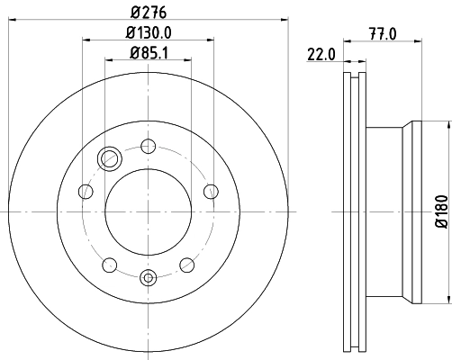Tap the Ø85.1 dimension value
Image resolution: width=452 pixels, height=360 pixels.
tap(149, 51)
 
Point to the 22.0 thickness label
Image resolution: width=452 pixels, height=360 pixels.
tap(321, 54)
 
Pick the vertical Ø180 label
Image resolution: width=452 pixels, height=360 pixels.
tap(441, 211)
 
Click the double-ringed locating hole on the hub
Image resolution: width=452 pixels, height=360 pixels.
tap(110, 158)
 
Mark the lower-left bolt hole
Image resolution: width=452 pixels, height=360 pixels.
tap(110, 264)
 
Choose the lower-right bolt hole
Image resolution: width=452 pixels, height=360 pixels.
tap(188, 264)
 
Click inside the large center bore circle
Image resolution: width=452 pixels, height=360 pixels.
tap(149, 211)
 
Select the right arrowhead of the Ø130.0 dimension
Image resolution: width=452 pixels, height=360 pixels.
tap(212, 40)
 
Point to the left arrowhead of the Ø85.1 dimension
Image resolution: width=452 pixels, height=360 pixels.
tap(108, 59)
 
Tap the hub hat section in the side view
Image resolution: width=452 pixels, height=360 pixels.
tap(396, 211)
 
